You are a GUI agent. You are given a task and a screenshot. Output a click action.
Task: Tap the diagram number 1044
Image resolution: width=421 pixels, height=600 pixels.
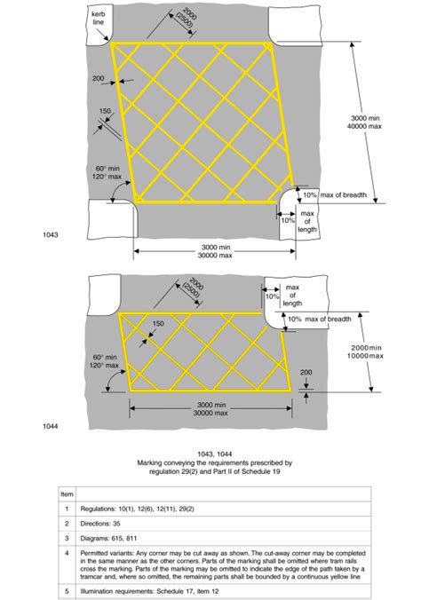(50, 427)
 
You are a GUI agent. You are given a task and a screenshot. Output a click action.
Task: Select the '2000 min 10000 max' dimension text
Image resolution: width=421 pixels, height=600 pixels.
(365, 351)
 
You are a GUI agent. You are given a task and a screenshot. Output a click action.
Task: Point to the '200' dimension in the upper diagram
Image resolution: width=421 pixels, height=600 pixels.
(98, 79)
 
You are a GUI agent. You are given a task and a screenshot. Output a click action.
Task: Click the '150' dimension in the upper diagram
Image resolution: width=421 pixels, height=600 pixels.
(105, 112)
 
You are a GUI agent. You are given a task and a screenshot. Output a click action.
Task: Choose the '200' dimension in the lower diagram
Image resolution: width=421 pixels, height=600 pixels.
(306, 372)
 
